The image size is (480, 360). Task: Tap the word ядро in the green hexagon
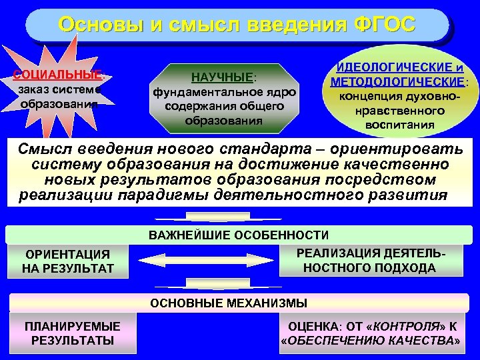(279, 91)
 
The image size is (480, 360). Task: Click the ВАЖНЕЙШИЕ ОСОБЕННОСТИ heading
(239, 235)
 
